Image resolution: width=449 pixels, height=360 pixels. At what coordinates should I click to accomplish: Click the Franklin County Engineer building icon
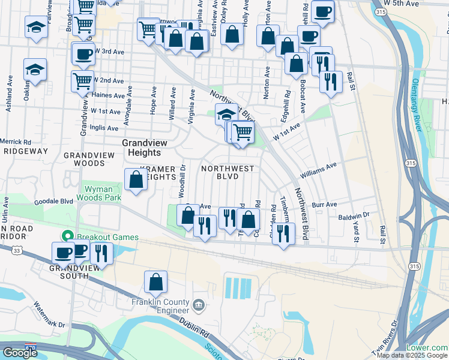pyautogui.click(x=198, y=307)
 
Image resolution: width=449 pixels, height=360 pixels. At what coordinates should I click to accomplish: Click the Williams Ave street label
pyautogui.click(x=319, y=170)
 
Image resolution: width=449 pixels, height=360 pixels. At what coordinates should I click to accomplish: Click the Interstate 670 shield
pyautogui.click(x=30, y=347)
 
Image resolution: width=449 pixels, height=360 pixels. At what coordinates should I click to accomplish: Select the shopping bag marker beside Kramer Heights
pyautogui.click(x=136, y=179)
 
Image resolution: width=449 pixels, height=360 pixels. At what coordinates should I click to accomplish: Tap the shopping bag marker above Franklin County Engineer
pyautogui.click(x=155, y=282)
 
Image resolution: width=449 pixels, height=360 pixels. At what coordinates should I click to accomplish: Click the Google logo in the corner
pyautogui.click(x=20, y=352)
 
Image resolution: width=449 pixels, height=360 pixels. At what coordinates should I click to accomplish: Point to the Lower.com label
pyautogui.click(x=426, y=348)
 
